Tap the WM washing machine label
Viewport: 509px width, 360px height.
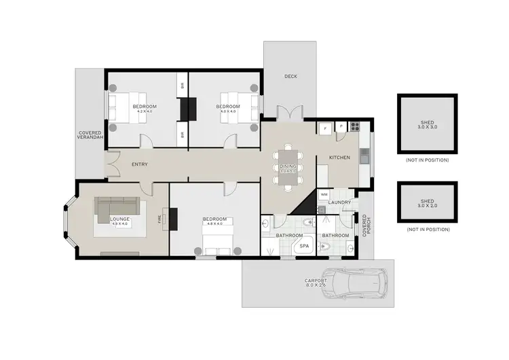click(324, 194)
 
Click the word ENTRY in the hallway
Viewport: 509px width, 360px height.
click(140, 164)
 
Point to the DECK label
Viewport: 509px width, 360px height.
click(291, 75)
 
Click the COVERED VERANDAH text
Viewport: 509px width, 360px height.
click(90, 135)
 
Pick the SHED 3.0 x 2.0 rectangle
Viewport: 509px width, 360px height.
click(428, 201)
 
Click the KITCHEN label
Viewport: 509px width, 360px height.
click(339, 158)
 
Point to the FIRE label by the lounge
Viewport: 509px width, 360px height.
click(160, 219)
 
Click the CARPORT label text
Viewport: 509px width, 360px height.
click(316, 281)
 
